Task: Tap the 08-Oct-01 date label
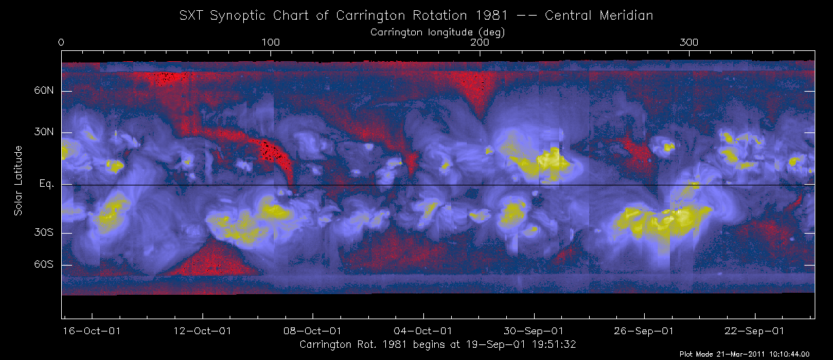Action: click(313, 331)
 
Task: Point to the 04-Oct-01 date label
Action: click(424, 331)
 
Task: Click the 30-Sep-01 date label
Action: click(534, 331)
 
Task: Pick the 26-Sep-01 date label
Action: click(645, 331)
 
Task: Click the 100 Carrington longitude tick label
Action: click(270, 43)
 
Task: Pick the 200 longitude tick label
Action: click(480, 43)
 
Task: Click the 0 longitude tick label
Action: click(62, 43)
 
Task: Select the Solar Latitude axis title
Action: click(18, 181)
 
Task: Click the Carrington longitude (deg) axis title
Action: click(437, 31)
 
